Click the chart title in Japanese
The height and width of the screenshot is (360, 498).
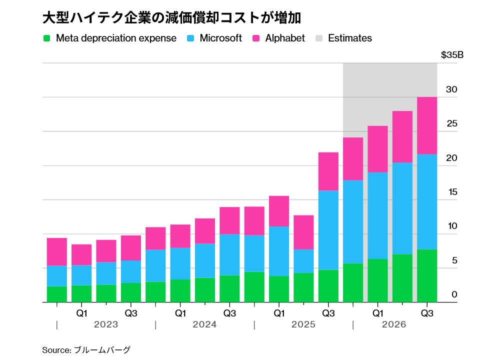[x=171, y=18]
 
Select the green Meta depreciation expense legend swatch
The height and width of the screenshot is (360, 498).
[x=47, y=38]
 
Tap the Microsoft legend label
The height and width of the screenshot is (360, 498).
[x=220, y=38]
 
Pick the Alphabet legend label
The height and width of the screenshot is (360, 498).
[x=284, y=38]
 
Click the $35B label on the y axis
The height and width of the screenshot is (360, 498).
[x=452, y=55]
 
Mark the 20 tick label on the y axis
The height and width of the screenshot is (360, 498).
[x=452, y=158]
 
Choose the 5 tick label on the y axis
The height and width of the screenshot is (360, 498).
[x=454, y=260]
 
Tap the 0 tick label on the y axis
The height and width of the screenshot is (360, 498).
[x=454, y=294]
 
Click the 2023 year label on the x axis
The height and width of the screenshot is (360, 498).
[x=106, y=325]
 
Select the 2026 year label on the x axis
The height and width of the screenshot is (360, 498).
[x=394, y=325]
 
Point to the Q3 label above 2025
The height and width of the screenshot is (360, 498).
[x=328, y=313]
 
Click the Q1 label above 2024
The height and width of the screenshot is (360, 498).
[x=180, y=313]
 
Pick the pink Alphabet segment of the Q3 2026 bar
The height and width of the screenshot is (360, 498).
[x=427, y=125]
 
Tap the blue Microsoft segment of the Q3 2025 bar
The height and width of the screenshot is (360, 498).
[x=328, y=230]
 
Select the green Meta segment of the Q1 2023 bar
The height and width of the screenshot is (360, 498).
[x=81, y=293]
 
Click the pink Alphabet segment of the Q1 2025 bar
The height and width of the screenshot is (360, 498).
[x=279, y=211]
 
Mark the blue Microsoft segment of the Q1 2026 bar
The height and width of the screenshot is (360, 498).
[x=377, y=215]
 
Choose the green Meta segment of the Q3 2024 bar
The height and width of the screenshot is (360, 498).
[x=229, y=288]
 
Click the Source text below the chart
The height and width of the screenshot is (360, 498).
[x=86, y=350]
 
